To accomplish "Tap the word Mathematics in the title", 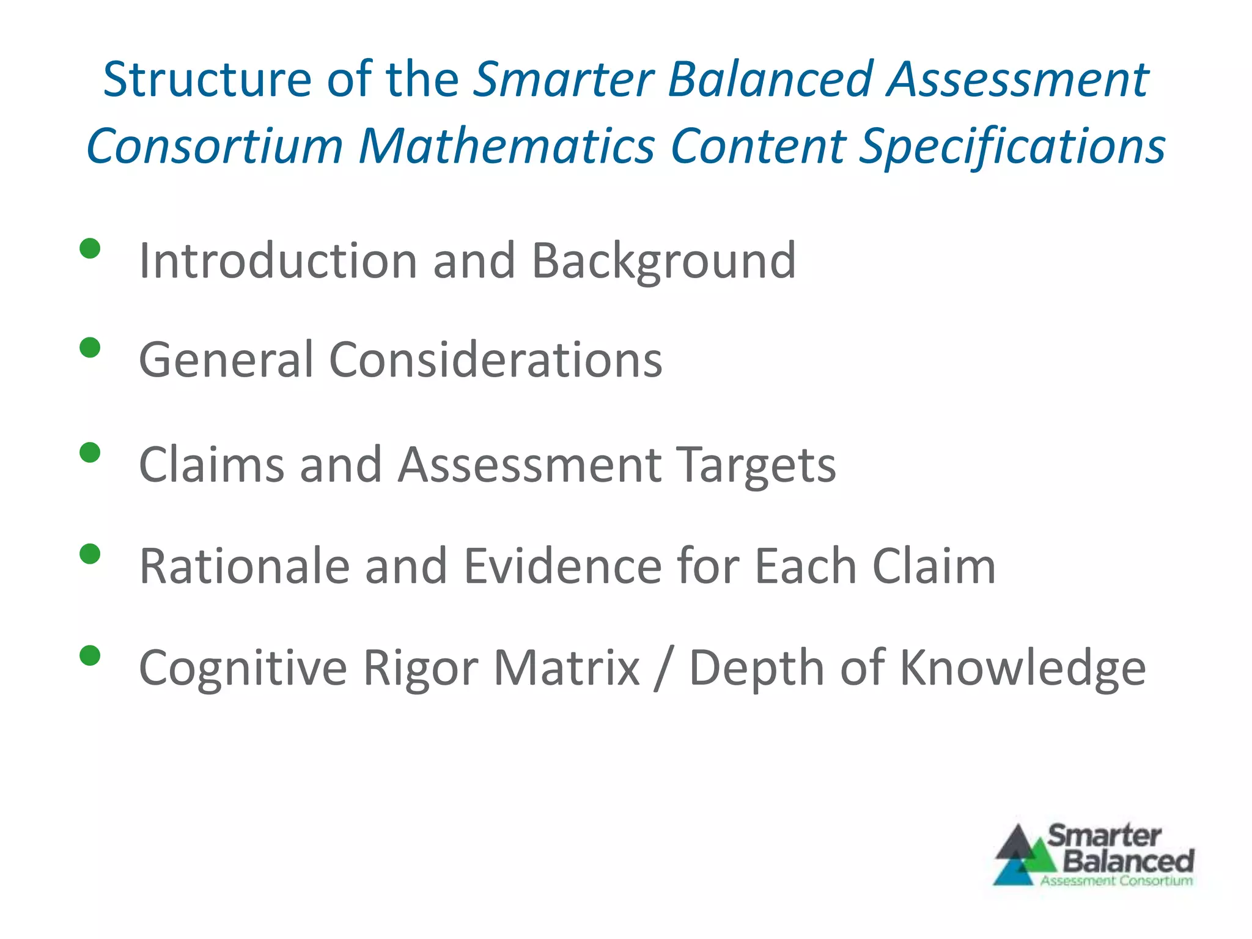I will point(507,147).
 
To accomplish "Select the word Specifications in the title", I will point(1012,147).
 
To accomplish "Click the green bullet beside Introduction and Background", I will point(90,249).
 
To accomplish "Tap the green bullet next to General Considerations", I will point(90,348).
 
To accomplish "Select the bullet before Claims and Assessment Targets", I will point(90,453).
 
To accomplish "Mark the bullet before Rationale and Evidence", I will point(90,554).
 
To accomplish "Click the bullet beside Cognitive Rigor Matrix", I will point(90,656).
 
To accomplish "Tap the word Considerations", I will point(495,360).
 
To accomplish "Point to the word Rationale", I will point(245,567).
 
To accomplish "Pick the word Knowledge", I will point(1023,668).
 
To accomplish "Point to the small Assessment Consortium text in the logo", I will point(1116,881).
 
